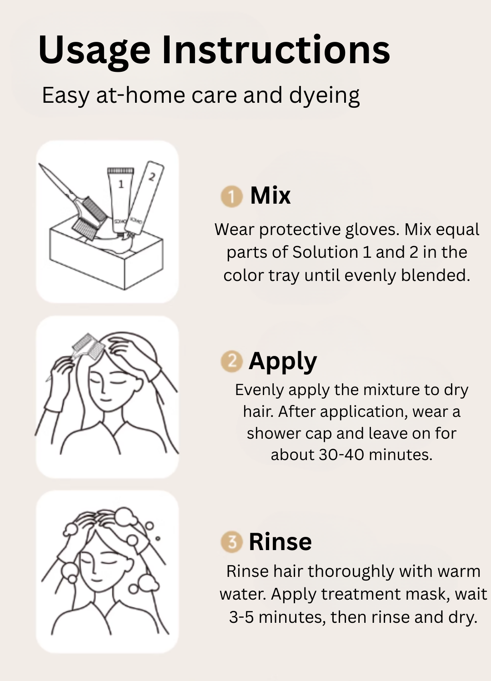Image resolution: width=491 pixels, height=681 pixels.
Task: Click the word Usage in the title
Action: pyautogui.click(x=94, y=50)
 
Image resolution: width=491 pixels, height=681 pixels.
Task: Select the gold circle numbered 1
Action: pyautogui.click(x=232, y=196)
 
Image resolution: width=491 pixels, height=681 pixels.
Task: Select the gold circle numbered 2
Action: pyautogui.click(x=232, y=361)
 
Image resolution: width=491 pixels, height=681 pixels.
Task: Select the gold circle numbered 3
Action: pyautogui.click(x=232, y=542)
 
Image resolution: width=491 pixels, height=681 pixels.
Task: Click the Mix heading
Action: pyautogui.click(x=271, y=195)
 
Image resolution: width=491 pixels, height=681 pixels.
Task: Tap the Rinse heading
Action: pyautogui.click(x=281, y=542)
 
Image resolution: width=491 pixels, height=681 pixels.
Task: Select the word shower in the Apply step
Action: pyautogui.click(x=274, y=433)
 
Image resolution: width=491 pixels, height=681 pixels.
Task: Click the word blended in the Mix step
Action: pyautogui.click(x=436, y=275)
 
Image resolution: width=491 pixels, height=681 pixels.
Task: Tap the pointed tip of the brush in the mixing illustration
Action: pyautogui.click(x=40, y=165)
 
